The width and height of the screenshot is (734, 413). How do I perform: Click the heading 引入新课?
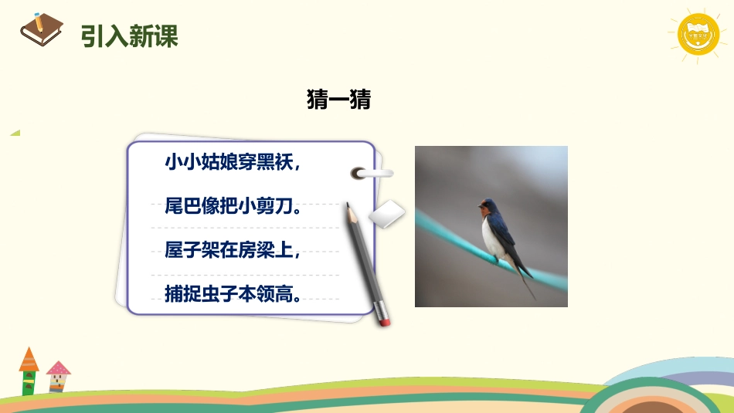coord(130,36)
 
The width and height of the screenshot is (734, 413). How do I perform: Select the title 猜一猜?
coord(338,100)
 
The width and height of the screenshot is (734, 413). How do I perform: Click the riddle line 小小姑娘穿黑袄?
coord(231,163)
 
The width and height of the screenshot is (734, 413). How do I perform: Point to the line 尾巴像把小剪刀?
coord(232,207)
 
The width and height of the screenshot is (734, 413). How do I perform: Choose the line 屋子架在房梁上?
coord(231,250)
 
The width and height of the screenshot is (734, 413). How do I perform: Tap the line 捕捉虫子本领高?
coord(232,293)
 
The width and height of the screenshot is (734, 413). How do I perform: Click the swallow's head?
coord(487,206)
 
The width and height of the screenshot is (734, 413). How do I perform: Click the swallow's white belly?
coord(491,235)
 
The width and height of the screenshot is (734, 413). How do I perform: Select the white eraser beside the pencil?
coord(386,215)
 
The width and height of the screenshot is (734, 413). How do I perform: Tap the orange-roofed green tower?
coord(29,371)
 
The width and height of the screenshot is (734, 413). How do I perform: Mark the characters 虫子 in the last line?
coord(214,293)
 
